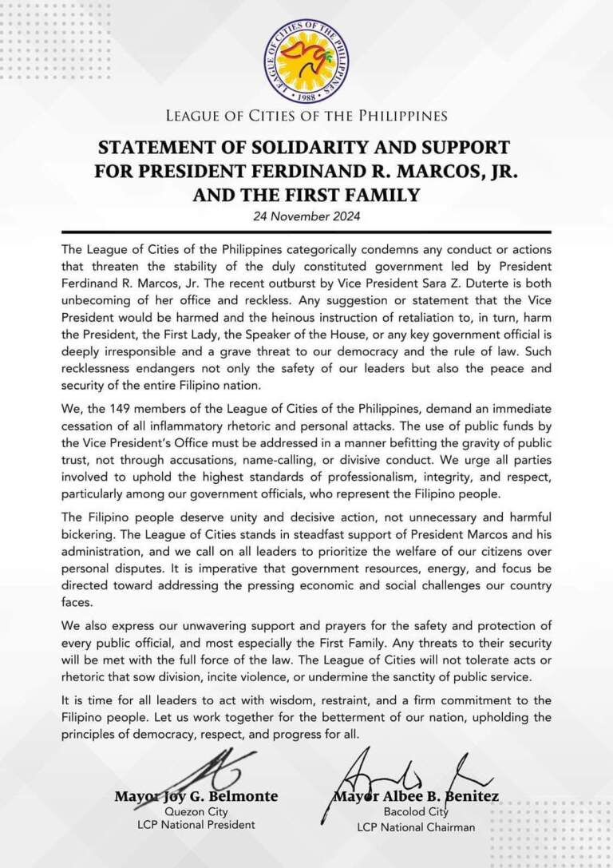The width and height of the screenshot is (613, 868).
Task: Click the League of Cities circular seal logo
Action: click(306, 55)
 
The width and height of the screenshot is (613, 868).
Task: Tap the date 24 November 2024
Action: click(306, 216)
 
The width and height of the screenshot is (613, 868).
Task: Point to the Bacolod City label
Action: click(415, 813)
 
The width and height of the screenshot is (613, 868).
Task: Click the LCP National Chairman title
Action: click(415, 827)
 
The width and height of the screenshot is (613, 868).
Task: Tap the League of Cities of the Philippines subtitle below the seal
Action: click(306, 117)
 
